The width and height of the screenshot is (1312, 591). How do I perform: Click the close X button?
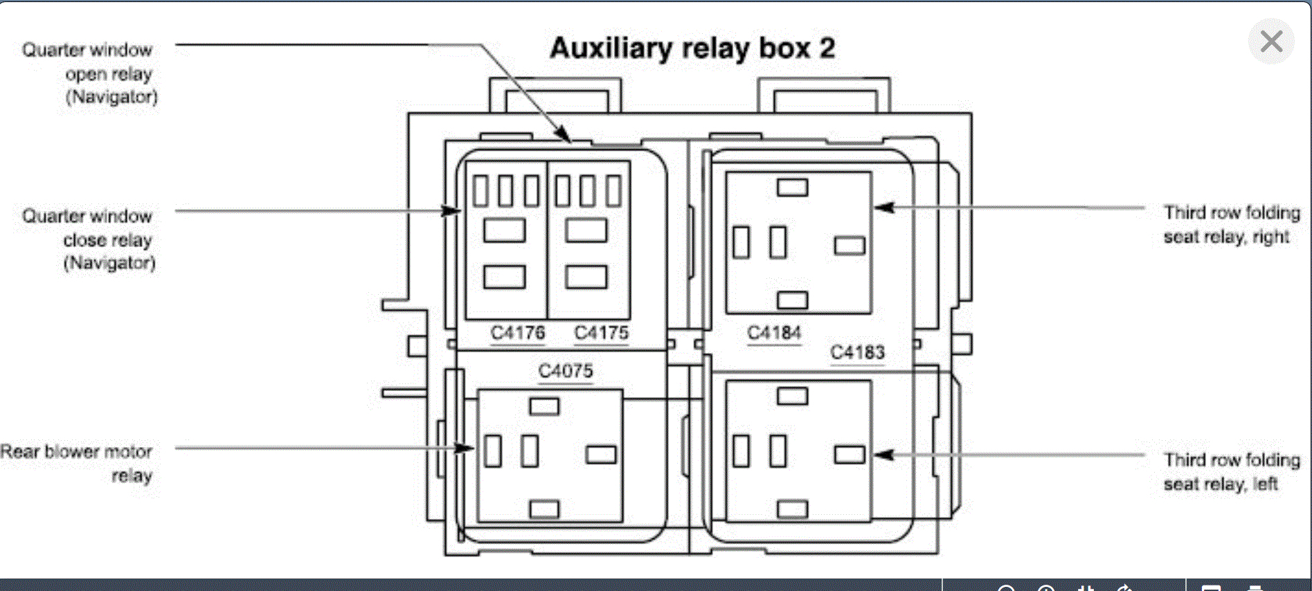pyautogui.click(x=1271, y=42)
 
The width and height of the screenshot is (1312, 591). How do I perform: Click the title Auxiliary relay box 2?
pyautogui.click(x=692, y=48)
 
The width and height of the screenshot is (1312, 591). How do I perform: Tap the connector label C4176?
pyautogui.click(x=518, y=333)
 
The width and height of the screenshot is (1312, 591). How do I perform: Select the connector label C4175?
pyautogui.click(x=602, y=333)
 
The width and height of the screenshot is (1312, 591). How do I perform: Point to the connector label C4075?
pyautogui.click(x=566, y=371)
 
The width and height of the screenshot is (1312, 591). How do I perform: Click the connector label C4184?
pyautogui.click(x=774, y=333)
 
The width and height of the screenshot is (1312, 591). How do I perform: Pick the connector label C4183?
pyautogui.click(x=857, y=352)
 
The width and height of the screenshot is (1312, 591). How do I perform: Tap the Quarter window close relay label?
pyautogui.click(x=89, y=239)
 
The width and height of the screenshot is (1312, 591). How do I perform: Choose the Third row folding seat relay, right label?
pyautogui.click(x=1231, y=224)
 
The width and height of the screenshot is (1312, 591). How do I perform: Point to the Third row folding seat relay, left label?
pyautogui.click(x=1231, y=472)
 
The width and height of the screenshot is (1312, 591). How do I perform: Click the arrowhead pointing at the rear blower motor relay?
pyautogui.click(x=465, y=448)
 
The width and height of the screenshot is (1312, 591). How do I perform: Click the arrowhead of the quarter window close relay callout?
pyautogui.click(x=451, y=210)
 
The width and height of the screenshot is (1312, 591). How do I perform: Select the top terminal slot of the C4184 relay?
pyautogui.click(x=792, y=188)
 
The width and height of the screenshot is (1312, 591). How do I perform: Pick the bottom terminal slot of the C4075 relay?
pyautogui.click(x=544, y=509)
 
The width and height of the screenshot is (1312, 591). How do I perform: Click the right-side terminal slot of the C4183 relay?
pyautogui.click(x=850, y=455)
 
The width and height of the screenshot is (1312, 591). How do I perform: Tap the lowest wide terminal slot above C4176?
pyautogui.click(x=504, y=277)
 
